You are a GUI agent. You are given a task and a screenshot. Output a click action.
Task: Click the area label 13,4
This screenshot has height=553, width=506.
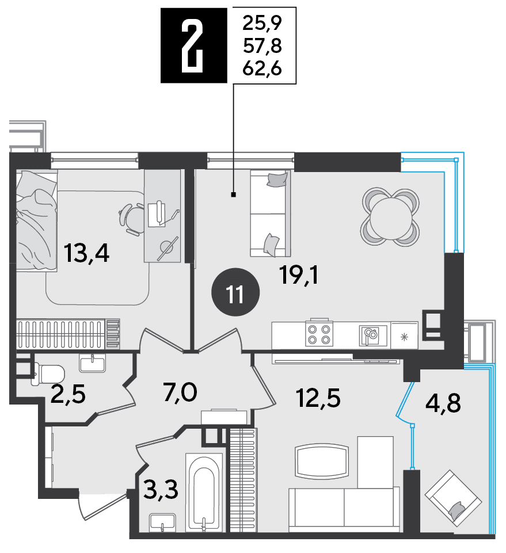pos(86,253)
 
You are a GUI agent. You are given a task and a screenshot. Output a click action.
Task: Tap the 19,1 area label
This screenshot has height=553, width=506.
pos(299,274)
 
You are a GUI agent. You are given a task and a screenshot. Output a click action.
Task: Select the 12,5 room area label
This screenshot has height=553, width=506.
pos(318,398)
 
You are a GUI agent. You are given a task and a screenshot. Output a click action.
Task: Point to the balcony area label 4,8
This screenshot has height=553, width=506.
pos(443,403)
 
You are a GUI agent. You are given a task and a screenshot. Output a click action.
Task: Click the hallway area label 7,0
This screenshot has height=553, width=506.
pos(180,392)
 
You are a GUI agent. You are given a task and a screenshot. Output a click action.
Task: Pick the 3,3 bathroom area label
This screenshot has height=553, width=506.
pos(161,490)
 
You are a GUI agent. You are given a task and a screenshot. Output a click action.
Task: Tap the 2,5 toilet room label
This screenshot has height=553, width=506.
pos(68,394)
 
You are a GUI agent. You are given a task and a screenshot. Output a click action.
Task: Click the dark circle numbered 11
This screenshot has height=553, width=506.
pos(235,292)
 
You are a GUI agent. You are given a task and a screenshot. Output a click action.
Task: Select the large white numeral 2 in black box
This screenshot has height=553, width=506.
pos(192,45)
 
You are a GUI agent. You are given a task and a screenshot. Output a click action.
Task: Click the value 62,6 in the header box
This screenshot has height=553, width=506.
pos(262,68)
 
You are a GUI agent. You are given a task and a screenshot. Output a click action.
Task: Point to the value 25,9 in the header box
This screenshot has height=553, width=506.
pos(262,24)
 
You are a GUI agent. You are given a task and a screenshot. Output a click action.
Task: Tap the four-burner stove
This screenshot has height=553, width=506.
pos(319,333)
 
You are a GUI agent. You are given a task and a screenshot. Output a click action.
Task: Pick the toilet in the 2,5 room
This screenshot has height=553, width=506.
pos(48,374)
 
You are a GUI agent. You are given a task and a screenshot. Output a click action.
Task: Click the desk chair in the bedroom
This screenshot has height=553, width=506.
pos(132,219)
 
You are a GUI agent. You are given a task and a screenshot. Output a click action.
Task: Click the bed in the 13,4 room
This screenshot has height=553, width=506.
pos(37,220)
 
